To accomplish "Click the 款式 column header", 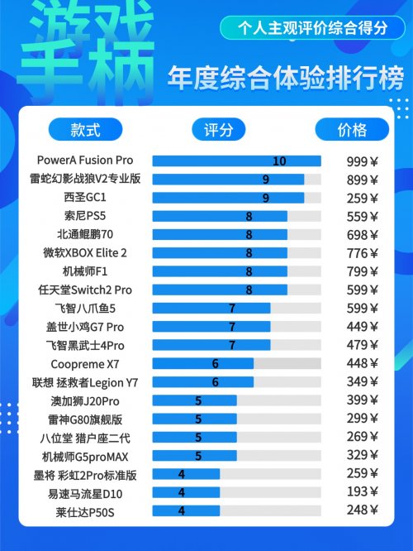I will click(x=85, y=130).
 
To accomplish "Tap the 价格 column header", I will click(x=352, y=130).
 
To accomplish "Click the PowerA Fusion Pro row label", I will click(x=85, y=161).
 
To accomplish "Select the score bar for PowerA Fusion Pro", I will click(x=236, y=161).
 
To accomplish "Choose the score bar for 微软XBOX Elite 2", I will click(x=220, y=252).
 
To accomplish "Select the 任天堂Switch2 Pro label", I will click(x=85, y=290).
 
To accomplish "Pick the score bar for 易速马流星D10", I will click(x=187, y=492).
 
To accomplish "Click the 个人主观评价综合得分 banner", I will click(x=312, y=27).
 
